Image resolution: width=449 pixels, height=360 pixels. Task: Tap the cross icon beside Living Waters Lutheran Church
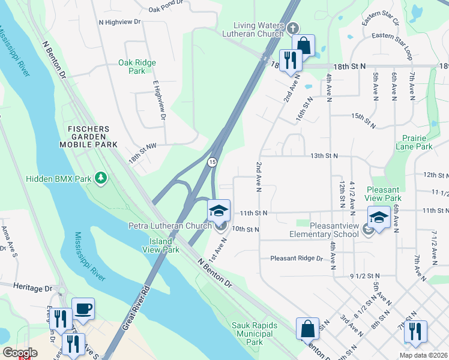pos(292,28)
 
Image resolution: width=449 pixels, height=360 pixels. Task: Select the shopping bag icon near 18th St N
pos(304,46)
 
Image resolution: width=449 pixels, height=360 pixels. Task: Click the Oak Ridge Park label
pos(137,67)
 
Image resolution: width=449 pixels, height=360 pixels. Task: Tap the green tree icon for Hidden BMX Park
pos(102,178)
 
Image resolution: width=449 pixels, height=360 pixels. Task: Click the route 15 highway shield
pos(212,163)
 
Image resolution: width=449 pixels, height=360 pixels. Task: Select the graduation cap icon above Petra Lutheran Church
pos(218,211)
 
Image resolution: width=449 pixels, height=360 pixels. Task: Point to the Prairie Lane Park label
pos(414,142)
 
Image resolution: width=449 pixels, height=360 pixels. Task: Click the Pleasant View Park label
pos(382,193)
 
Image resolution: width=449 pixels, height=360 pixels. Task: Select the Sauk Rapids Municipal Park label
pos(256,334)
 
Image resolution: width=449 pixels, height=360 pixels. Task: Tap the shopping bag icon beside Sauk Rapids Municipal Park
pos(307,329)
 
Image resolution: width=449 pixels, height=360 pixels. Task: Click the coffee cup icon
pos(83,309)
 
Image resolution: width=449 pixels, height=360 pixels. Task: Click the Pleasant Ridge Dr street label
pos(297,259)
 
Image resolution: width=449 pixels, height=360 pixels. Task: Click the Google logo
pos(20,352)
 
